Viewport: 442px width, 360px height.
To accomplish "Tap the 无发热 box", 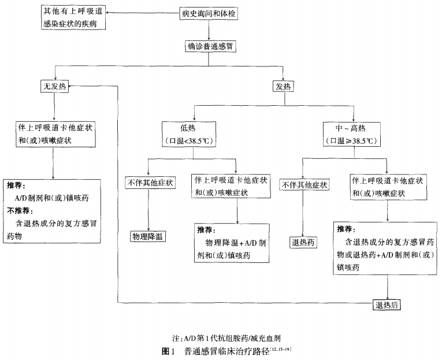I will pos(54,87).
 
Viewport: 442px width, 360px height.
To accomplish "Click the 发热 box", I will pos(283,87).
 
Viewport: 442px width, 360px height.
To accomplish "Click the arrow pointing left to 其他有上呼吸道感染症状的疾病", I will pos(142,11).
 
